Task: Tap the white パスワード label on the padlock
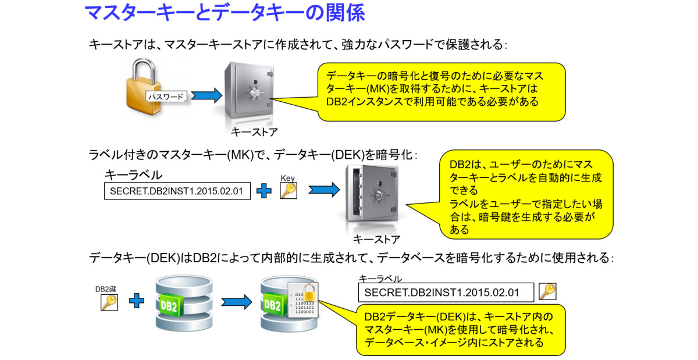[166, 97]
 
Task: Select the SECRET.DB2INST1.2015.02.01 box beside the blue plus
[177, 191]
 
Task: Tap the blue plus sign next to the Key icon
[265, 191]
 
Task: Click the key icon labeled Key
[288, 190]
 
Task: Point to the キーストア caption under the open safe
[376, 239]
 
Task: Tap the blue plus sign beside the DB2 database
[137, 301]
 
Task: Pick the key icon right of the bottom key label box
[547, 291]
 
